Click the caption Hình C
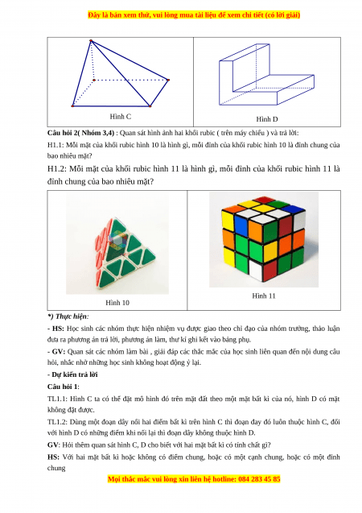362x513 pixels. pos(120,117)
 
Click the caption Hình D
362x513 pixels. pos(266,119)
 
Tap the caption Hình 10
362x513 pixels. pos(117,303)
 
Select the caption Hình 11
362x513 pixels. pos(264,296)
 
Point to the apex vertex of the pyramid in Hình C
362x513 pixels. pos(91,41)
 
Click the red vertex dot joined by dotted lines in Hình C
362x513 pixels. pos(94,80)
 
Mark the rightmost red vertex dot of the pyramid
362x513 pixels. pos(168,80)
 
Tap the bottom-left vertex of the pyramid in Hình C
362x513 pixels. pos(72,106)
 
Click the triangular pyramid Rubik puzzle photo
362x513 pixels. pos(117,244)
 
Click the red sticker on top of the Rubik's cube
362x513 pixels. pos(265,200)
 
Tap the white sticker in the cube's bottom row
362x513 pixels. pos(256,270)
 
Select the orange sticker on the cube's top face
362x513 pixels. pos(233,209)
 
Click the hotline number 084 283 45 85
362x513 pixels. pos(259,479)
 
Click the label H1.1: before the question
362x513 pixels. pos(56,145)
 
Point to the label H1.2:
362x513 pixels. pos(57,169)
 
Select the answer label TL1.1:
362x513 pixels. pos(57,399)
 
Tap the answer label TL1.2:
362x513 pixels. pos(57,422)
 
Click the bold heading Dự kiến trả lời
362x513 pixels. pos(75,374)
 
